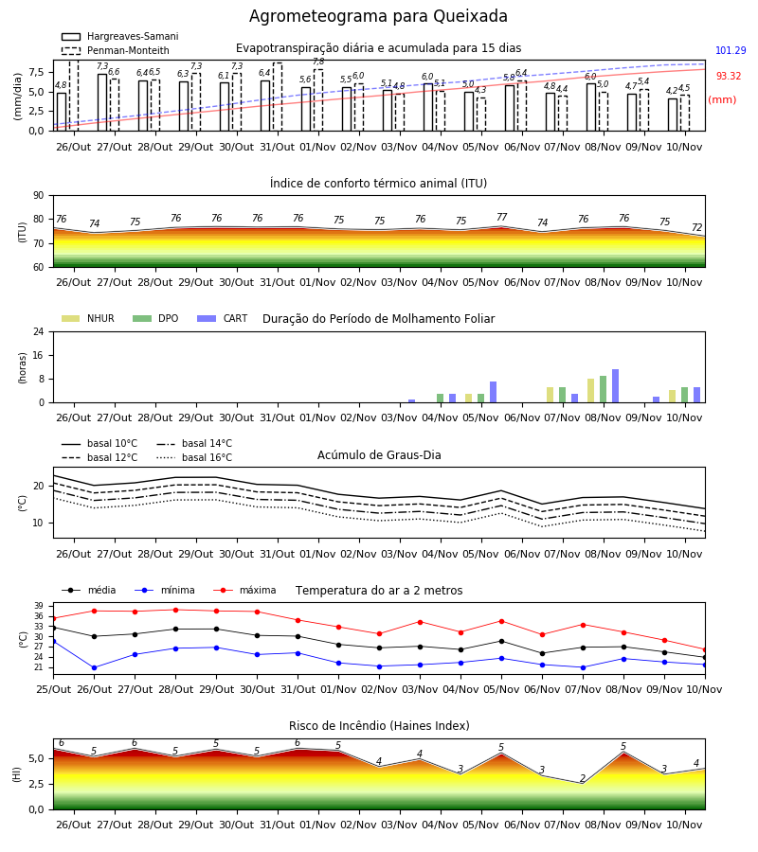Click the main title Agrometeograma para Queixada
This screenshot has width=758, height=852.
[x=378, y=16]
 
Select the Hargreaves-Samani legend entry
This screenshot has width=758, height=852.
[x=119, y=36]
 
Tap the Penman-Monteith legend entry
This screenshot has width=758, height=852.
[x=116, y=50]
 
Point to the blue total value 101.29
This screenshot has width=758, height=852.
[x=731, y=50]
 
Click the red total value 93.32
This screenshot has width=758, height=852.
[x=729, y=76]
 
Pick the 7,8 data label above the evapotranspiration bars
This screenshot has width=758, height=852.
[x=318, y=62]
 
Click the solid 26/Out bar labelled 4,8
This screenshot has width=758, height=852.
[x=62, y=112]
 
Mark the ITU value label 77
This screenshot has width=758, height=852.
[x=501, y=218]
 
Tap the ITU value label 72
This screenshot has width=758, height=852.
[x=697, y=227]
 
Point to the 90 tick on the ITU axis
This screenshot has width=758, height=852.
[x=38, y=196]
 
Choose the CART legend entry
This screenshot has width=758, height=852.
[x=223, y=318]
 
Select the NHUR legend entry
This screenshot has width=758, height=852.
[x=88, y=318]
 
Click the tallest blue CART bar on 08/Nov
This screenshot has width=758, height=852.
[x=616, y=386]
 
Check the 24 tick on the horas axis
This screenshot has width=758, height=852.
[x=39, y=331]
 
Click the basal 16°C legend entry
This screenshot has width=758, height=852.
[x=194, y=457]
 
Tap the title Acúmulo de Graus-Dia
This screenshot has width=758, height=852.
[x=379, y=455]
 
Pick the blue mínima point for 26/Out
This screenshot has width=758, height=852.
[x=94, y=667]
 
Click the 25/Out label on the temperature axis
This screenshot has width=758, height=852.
[x=53, y=689]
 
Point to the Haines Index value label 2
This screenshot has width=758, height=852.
[x=583, y=778]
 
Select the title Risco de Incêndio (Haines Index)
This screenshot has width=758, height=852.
[x=379, y=726]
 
